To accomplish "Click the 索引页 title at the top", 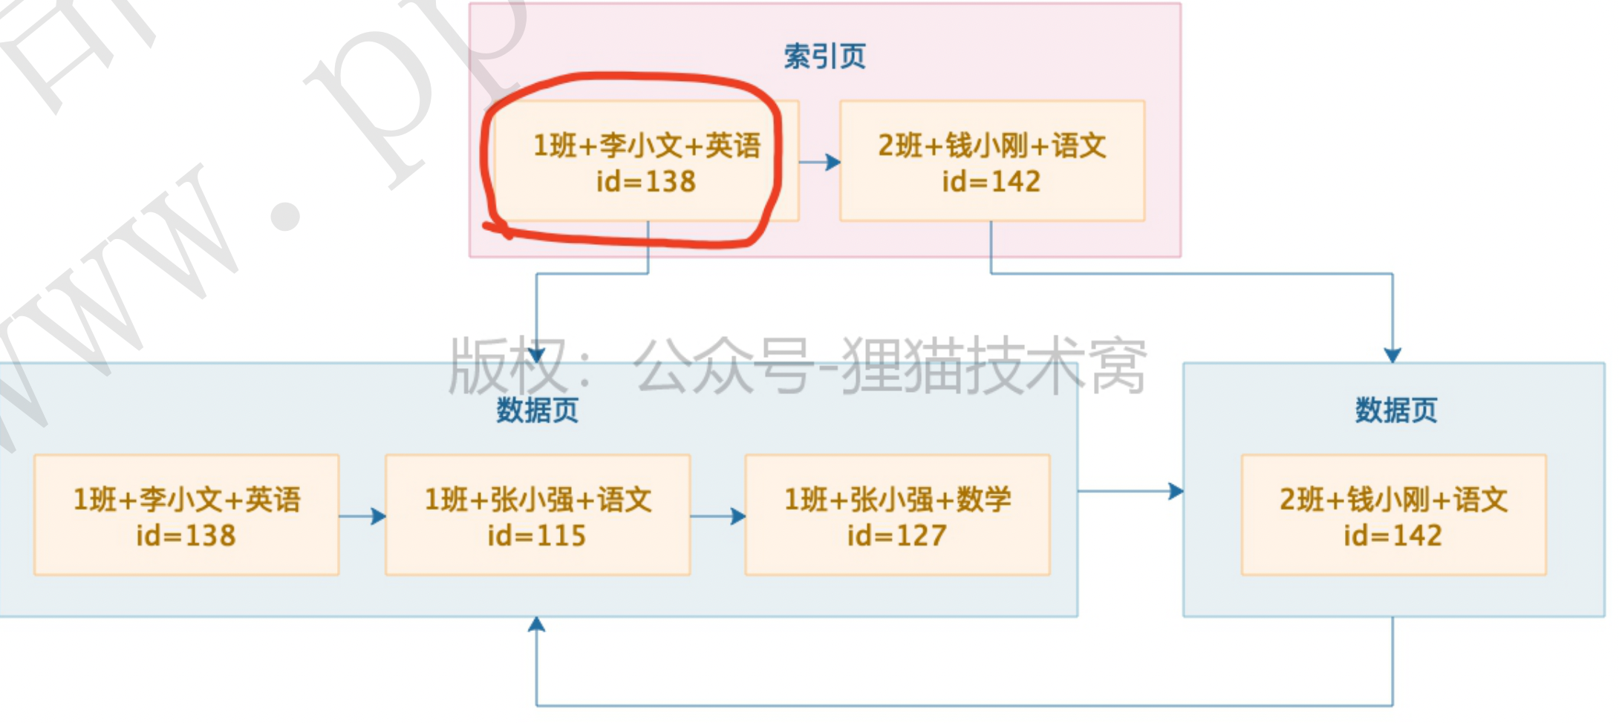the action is click(x=824, y=56).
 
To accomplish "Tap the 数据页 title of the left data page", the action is click(x=537, y=410).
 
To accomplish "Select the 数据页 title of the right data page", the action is click(x=1395, y=410).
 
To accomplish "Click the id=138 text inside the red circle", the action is click(x=646, y=182).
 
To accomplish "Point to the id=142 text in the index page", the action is click(x=991, y=182).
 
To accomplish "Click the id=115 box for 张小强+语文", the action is click(x=537, y=515).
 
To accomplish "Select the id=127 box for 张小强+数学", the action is click(x=897, y=515).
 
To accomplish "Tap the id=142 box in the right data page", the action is click(x=1393, y=515).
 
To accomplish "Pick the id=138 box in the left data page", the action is click(x=186, y=515).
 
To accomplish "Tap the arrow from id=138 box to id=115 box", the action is click(x=363, y=516).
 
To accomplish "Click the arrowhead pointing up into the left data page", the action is click(x=536, y=625).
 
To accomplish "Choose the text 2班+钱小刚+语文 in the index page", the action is click(x=991, y=145).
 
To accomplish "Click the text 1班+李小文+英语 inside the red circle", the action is click(x=646, y=145).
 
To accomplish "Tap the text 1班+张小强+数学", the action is click(x=897, y=500).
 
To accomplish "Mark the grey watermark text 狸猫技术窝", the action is click(x=995, y=365).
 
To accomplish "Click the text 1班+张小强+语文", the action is click(x=537, y=500).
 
